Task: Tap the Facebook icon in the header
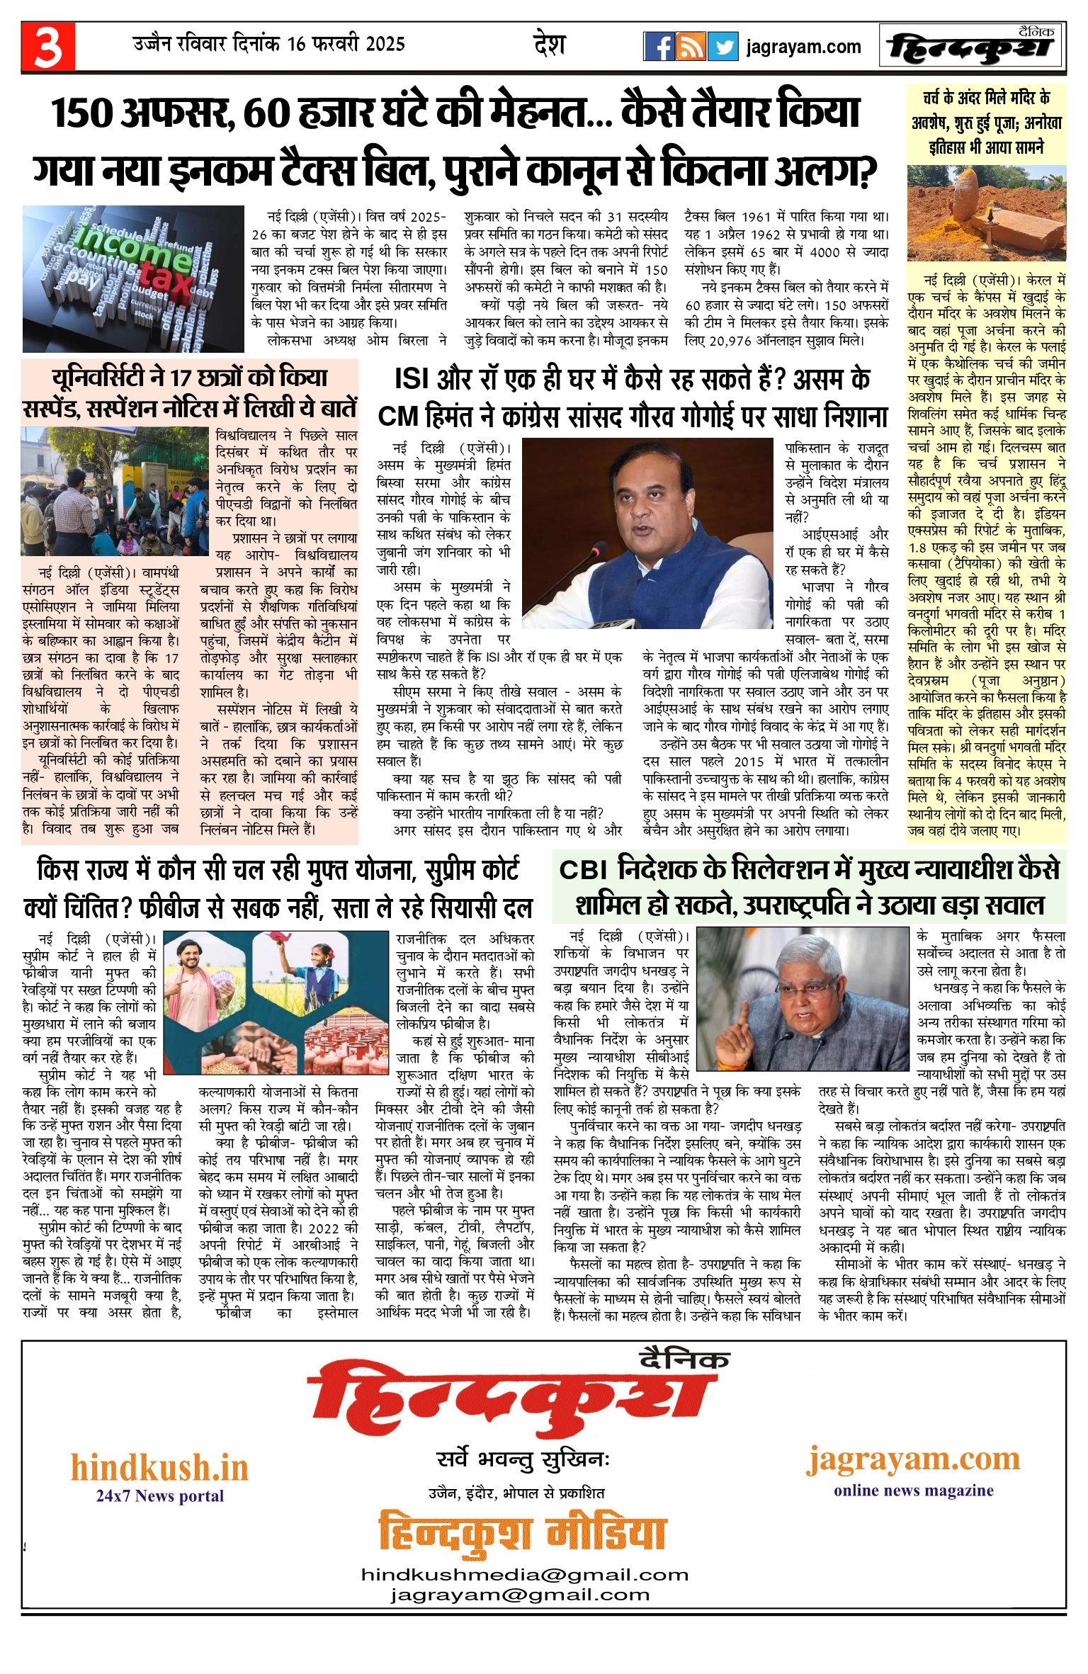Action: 659,47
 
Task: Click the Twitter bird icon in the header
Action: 722,47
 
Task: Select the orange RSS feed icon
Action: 691,47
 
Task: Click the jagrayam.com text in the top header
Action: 803,47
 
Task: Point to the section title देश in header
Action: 549,45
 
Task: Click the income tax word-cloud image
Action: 133,278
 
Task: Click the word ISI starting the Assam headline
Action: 413,380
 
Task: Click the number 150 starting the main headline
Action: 82,114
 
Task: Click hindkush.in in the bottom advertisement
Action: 159,1468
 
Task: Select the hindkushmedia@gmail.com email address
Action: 524,1575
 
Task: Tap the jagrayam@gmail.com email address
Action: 519,1595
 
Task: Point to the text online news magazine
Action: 913,1491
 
